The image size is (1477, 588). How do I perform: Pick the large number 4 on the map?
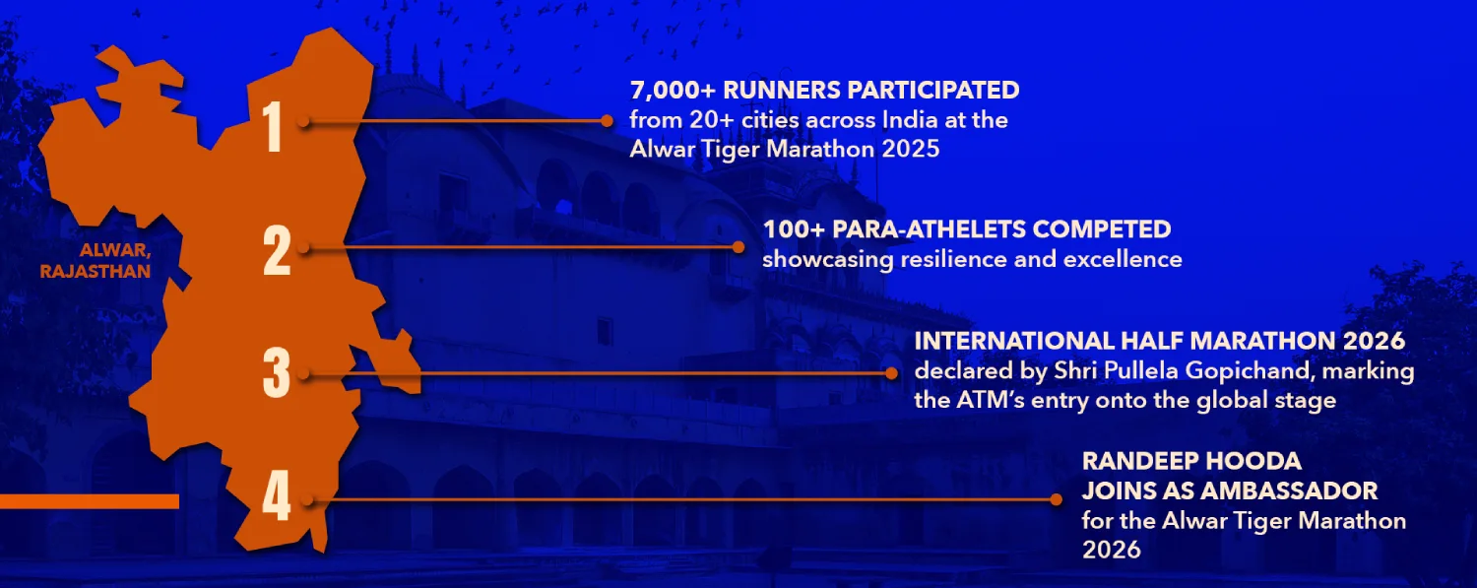[277, 498]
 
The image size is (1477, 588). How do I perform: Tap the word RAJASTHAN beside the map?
[96, 271]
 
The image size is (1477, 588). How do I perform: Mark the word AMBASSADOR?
[1296, 490]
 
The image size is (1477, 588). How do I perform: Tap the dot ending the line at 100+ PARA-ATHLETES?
[740, 246]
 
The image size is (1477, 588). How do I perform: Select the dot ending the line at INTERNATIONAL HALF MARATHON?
[892, 373]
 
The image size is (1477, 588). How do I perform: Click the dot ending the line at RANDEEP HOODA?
[1058, 499]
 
